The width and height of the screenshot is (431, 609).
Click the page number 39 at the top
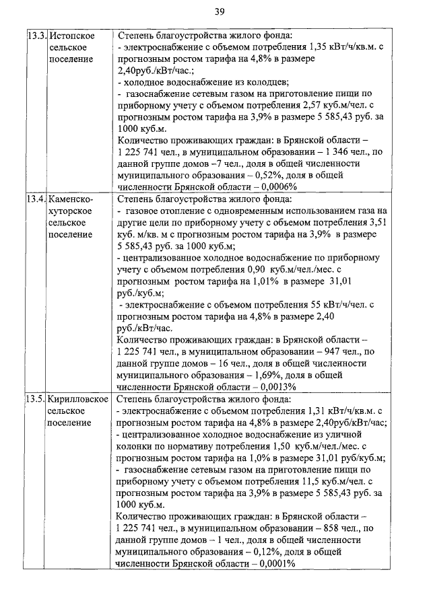coord(220,11)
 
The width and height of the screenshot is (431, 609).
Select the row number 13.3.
coord(36,35)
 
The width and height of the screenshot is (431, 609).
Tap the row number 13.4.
coord(36,199)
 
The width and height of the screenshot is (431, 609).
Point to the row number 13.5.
coord(36,399)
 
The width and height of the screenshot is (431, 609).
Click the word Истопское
coord(72,35)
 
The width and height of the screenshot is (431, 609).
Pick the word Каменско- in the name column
coord(71,199)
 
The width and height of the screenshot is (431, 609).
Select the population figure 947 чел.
coord(333,351)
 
